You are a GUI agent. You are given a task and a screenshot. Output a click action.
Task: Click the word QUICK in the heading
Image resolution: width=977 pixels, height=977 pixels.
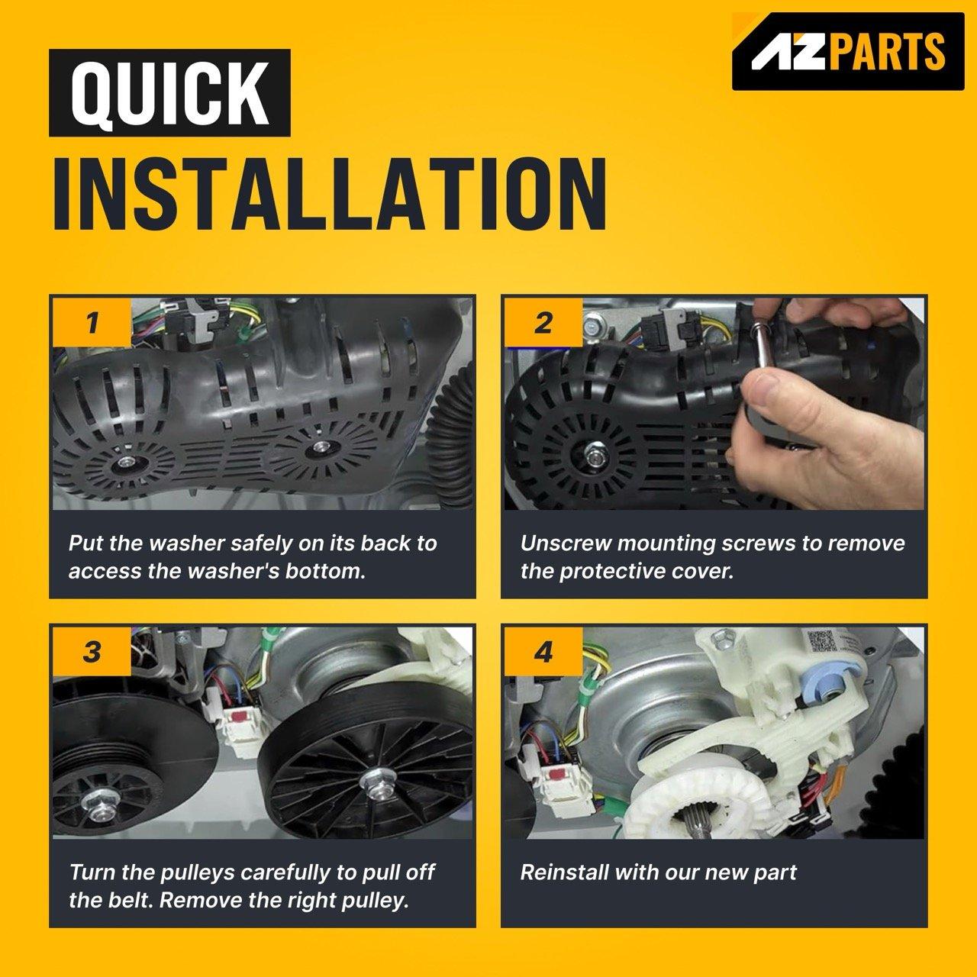coord(169,93)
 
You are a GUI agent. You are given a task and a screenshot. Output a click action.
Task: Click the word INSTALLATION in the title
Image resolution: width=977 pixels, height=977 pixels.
coord(330,194)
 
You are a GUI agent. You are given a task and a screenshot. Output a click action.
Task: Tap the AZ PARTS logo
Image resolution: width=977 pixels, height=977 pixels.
coord(848,51)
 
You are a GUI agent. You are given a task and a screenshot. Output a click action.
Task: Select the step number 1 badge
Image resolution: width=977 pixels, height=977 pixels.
coord(92,322)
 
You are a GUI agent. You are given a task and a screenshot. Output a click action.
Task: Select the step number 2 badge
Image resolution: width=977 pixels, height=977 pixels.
coord(543,322)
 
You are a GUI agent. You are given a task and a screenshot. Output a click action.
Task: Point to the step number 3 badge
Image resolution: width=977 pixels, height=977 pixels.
coord(92,652)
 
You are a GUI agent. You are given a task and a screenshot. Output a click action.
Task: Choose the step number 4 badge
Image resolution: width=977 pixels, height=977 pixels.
coord(543,652)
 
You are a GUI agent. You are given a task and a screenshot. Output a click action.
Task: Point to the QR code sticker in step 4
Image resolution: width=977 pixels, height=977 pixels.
coord(821,641)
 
